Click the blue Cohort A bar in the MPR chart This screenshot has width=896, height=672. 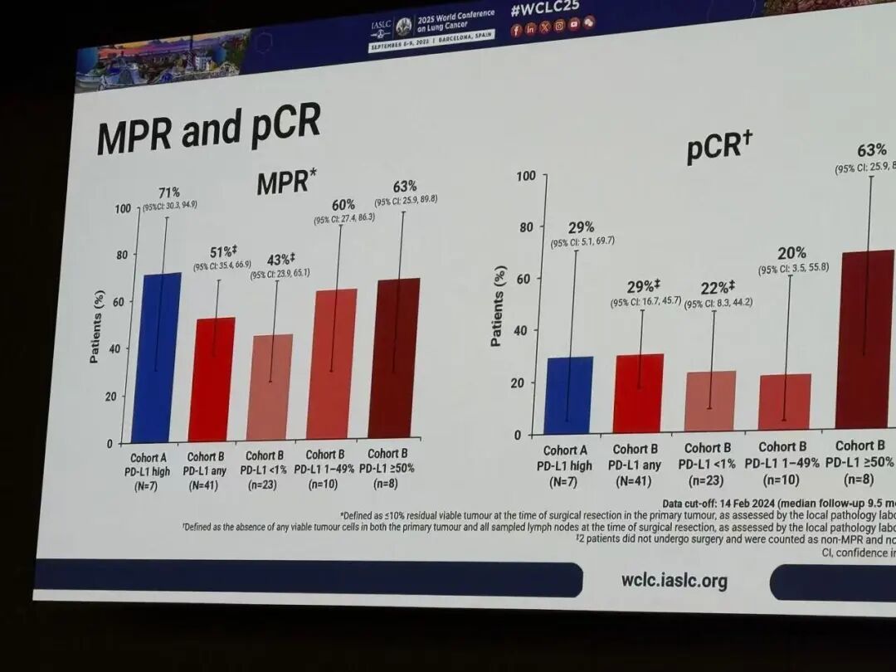156,357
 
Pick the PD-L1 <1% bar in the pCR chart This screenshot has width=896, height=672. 711,401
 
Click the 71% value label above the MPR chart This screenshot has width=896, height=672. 169,192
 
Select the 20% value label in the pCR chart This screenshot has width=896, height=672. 792,253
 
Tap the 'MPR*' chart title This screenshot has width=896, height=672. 287,182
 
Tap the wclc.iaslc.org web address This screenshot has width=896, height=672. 674,580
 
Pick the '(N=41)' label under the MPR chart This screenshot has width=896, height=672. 203,485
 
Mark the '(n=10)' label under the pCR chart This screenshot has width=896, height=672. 781,479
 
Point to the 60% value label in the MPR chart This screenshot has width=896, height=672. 343,204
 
